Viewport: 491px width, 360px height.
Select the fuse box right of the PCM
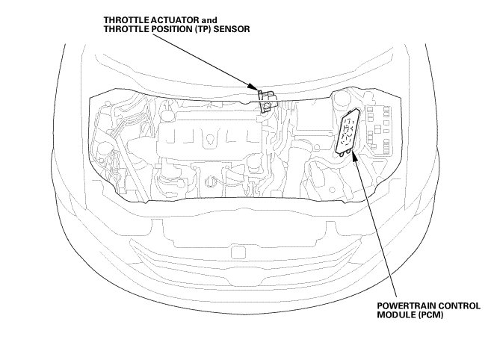point(380,131)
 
